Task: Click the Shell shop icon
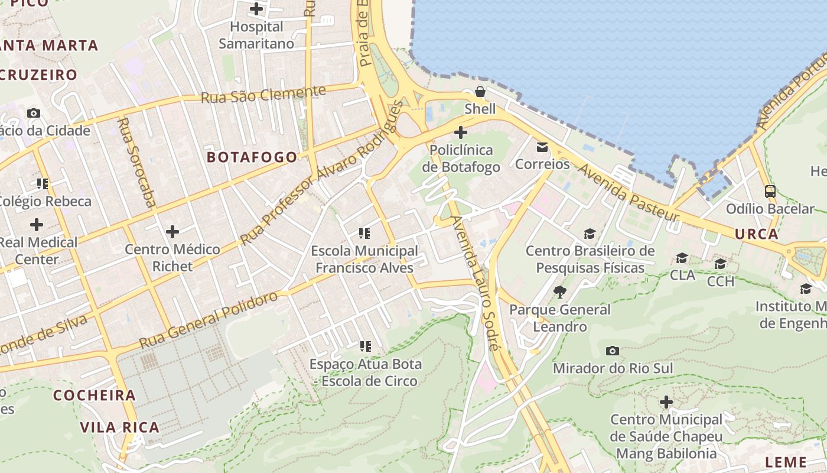[480, 92]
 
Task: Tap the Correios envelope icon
[542, 147]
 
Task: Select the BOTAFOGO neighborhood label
[252, 157]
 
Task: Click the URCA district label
[757, 234]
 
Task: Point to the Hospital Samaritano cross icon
[256, 9]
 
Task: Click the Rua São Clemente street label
[263, 95]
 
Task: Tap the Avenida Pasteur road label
[629, 193]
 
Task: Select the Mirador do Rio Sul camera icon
[613, 351]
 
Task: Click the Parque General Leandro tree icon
[559, 291]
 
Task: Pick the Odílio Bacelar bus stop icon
[770, 192]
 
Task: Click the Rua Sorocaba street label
[136, 163]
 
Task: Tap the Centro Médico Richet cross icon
[172, 231]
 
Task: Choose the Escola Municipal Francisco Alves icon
[364, 234]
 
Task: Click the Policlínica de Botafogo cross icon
[461, 132]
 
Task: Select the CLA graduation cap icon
[682, 258]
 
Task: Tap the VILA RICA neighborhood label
[119, 427]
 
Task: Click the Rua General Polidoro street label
[208, 319]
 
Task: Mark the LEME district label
[786, 462]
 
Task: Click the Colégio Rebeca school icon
[42, 184]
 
